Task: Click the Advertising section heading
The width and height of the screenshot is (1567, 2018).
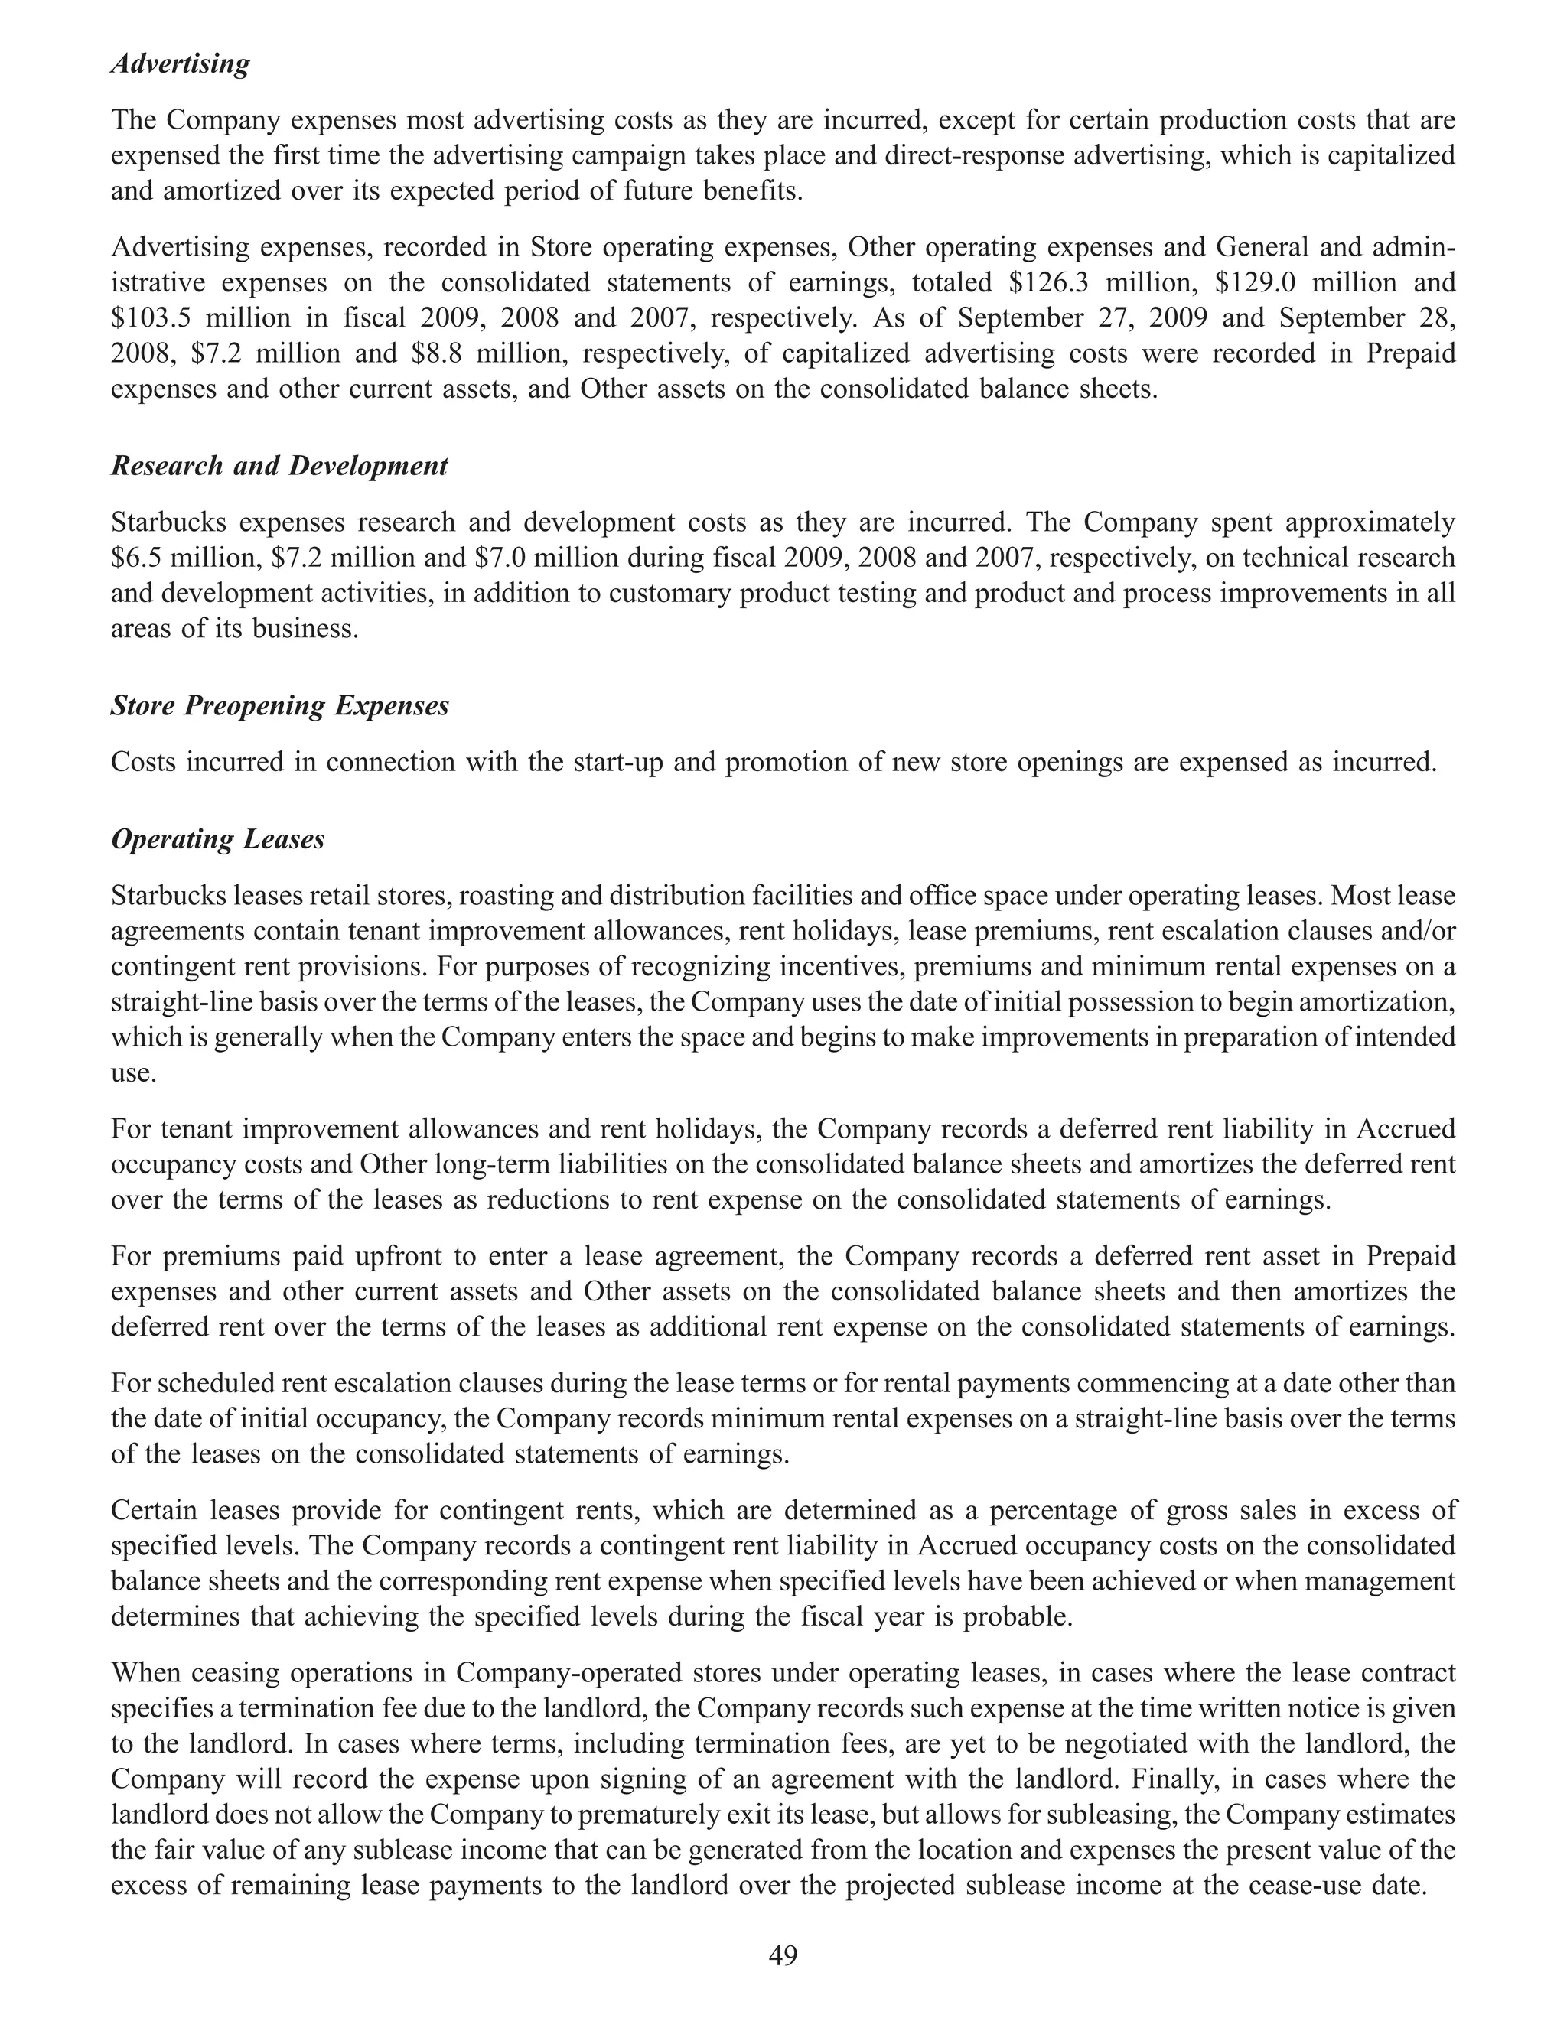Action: pos(180,65)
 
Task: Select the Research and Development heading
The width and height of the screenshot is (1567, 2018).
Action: pos(279,466)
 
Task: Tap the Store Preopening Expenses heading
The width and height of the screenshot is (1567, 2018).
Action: pos(279,706)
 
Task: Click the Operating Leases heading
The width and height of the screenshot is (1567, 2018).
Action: pos(217,839)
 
